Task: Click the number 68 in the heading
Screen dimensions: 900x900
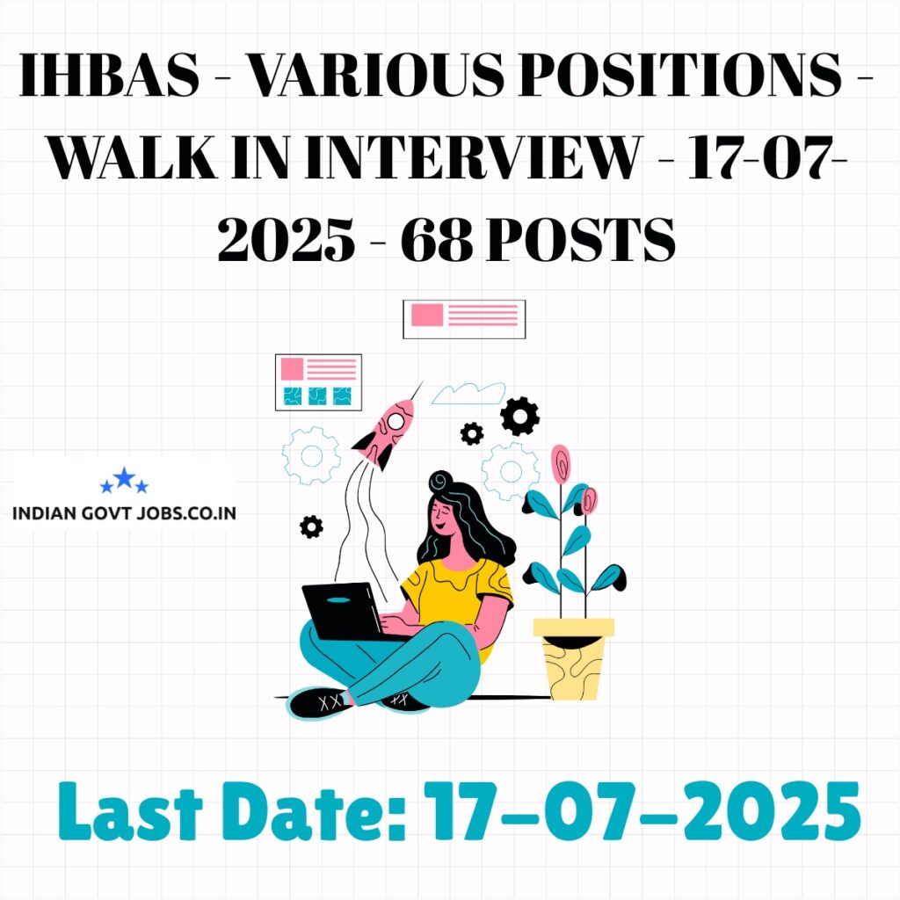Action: point(437,239)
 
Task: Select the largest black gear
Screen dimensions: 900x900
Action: point(519,416)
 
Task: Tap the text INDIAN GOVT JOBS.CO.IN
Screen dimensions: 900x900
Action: point(124,512)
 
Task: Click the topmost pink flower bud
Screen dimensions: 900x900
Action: point(561,463)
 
